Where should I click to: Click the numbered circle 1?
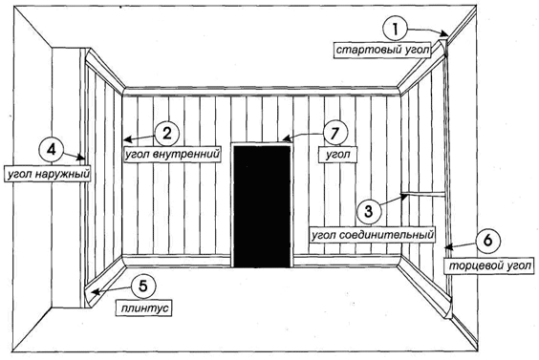395,29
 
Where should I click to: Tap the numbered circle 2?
166,134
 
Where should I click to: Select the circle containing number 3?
368,211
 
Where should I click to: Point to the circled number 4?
52,150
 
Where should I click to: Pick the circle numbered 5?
143,286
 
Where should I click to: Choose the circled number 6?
487,241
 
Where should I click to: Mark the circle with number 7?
334,134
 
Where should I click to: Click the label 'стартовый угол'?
382,51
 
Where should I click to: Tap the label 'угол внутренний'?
172,155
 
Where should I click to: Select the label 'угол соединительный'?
372,235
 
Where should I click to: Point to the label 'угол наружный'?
48,174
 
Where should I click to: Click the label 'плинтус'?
144,307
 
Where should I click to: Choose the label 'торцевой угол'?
489,265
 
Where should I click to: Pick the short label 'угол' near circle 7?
338,155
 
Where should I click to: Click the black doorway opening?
262,206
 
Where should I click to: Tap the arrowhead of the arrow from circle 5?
95,293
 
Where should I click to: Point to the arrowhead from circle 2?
126,139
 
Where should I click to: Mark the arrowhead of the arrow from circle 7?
286,139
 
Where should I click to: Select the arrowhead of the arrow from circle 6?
448,246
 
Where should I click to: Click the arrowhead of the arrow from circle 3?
405,197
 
